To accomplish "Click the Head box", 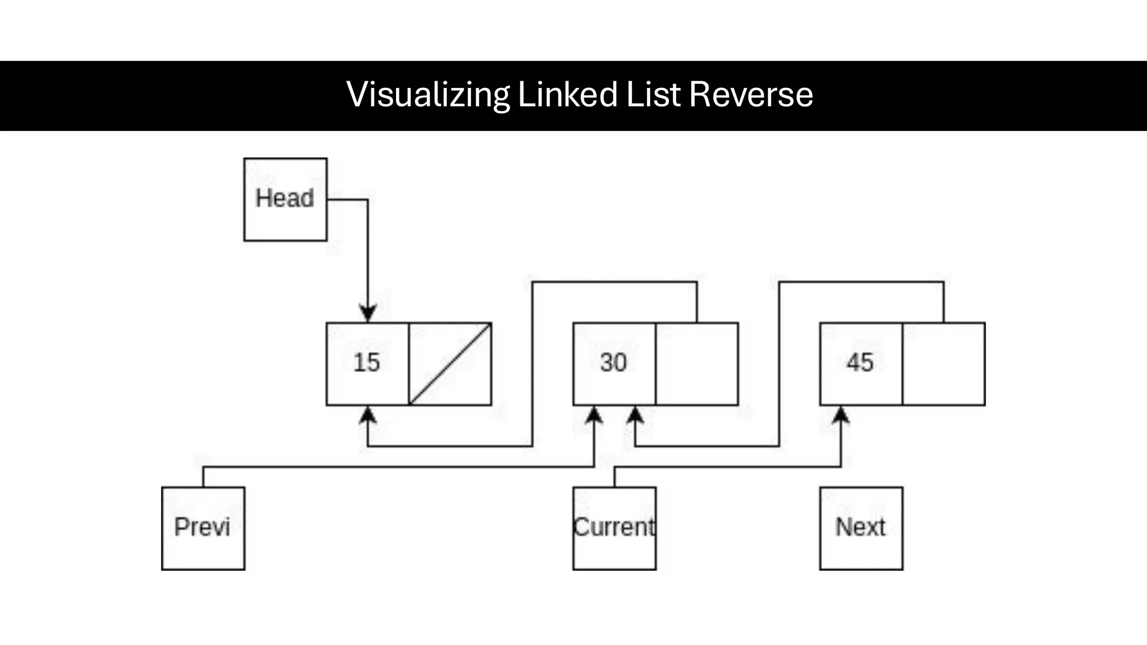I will tap(285, 199).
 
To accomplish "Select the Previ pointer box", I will tap(203, 528).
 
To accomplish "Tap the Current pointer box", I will tap(614, 528).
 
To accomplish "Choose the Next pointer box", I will tap(861, 528).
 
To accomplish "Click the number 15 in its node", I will tap(367, 363).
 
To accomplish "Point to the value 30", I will tap(613, 363).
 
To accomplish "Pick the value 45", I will tap(860, 363).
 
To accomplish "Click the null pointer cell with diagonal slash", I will tap(450, 364).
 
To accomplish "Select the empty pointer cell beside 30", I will tap(697, 364).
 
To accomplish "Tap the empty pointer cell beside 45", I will tap(944, 364).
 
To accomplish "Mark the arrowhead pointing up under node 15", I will tap(367, 415).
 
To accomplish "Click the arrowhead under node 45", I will tap(841, 415).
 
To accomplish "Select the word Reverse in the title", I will tap(750, 95).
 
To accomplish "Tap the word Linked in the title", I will tap(567, 95).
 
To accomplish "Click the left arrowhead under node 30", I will tap(594, 415).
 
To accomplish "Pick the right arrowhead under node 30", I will tap(635, 415).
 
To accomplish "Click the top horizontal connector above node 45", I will tap(861, 282).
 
